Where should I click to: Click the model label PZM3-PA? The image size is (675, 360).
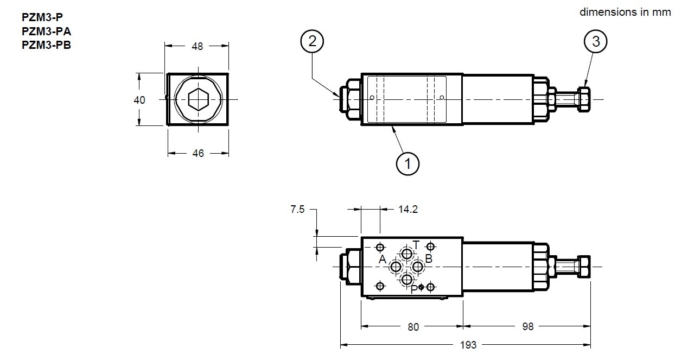point(46,31)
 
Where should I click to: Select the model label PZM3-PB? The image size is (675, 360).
point(46,45)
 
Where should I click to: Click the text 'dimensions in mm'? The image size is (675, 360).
point(625,12)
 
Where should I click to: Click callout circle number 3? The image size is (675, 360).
point(596,42)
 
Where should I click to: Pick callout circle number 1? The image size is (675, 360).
point(408,162)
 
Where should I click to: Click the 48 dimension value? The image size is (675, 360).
point(197,47)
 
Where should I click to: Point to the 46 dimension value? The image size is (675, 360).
point(198,154)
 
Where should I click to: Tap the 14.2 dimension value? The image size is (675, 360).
point(407,210)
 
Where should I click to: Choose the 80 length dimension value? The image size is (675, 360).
point(413,326)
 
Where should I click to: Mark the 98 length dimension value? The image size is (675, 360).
point(527,326)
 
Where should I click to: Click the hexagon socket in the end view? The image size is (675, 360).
point(198,100)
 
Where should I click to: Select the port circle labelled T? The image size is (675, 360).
point(406,254)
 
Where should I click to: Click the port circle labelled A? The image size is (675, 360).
point(396,267)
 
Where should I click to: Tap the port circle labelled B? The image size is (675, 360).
point(417,267)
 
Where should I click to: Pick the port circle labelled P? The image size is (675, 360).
point(406,280)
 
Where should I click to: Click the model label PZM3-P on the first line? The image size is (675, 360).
point(43,17)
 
